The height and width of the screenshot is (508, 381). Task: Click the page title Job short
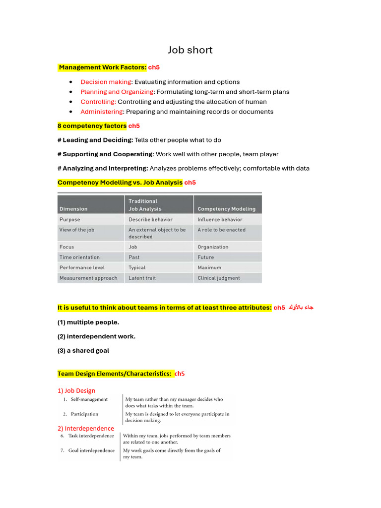(190, 50)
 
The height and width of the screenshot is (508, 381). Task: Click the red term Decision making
(106, 82)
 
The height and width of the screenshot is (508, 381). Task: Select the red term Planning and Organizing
(118, 92)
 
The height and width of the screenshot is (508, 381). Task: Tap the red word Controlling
(98, 102)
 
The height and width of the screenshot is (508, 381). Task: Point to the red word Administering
(102, 112)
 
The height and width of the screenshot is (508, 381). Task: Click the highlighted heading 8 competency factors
(92, 126)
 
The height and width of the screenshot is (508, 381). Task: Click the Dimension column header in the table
(73, 209)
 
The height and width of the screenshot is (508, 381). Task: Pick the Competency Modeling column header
(226, 209)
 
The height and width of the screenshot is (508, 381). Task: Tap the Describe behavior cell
(150, 219)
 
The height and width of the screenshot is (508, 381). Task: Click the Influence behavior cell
(220, 219)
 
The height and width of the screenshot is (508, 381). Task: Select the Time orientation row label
(79, 257)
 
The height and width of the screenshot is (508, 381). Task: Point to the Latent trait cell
(142, 278)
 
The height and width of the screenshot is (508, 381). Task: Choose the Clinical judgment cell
(218, 278)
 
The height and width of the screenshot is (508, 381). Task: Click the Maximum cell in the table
(209, 267)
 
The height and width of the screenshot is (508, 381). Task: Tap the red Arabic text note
(301, 308)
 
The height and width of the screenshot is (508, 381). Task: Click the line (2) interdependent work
(96, 336)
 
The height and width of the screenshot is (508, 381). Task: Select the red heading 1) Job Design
(76, 390)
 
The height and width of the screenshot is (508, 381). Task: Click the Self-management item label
(89, 399)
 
